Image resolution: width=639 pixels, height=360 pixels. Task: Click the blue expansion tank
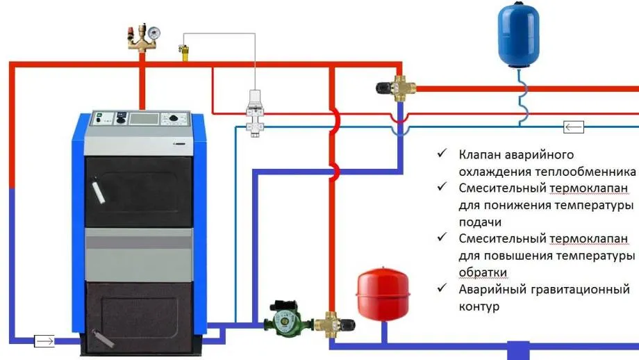pos(520,36)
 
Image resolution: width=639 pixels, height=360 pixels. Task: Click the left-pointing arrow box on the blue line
pos(573,126)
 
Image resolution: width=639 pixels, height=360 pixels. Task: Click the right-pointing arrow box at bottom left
pos(44,341)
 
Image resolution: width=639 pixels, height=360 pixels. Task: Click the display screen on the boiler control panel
pos(142,119)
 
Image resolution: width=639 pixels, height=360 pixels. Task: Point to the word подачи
pos(480,222)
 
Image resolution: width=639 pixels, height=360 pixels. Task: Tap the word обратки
pos(483,272)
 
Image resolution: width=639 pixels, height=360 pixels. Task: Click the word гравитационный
pos(576,289)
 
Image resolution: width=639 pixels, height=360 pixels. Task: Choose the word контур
pos(479,306)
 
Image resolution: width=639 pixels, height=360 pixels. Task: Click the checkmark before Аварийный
pos(442,288)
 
